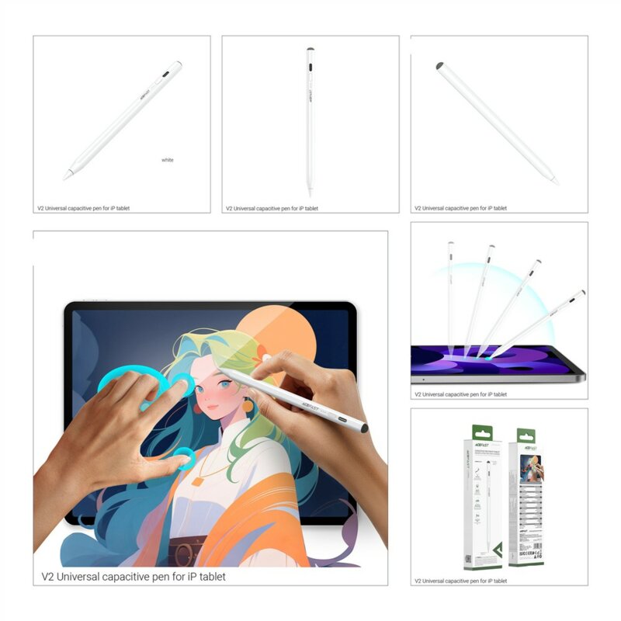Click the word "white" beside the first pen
pyautogui.click(x=168, y=160)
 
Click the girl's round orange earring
pyautogui.click(x=248, y=405)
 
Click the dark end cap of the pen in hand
pyautogui.click(x=363, y=428)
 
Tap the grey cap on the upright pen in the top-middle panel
pyautogui.click(x=310, y=51)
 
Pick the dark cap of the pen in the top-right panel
pyautogui.click(x=440, y=67)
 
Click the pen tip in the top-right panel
pyautogui.click(x=555, y=182)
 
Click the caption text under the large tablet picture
pyautogui.click(x=134, y=577)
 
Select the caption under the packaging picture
pyautogui.click(x=460, y=581)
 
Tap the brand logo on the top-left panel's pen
pyautogui.click(x=146, y=98)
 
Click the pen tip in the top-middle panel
pyautogui.click(x=310, y=190)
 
